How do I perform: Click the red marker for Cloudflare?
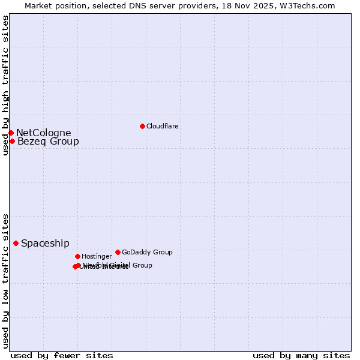point(142,126)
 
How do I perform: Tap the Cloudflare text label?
point(162,127)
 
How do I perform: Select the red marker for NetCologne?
point(11,133)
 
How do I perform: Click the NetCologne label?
point(43,133)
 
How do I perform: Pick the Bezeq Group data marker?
point(12,141)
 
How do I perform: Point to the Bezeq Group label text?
point(48,142)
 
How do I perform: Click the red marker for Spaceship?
point(16,243)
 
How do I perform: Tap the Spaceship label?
point(45,244)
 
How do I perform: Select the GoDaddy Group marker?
point(118,252)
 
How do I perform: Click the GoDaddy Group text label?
point(147,253)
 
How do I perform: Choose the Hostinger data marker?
point(77,256)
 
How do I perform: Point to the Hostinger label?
point(97,257)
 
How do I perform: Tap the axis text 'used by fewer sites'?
point(62,355)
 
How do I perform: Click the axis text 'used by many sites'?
point(301,355)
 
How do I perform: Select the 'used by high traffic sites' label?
point(5,85)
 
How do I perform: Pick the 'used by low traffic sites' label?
point(5,280)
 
